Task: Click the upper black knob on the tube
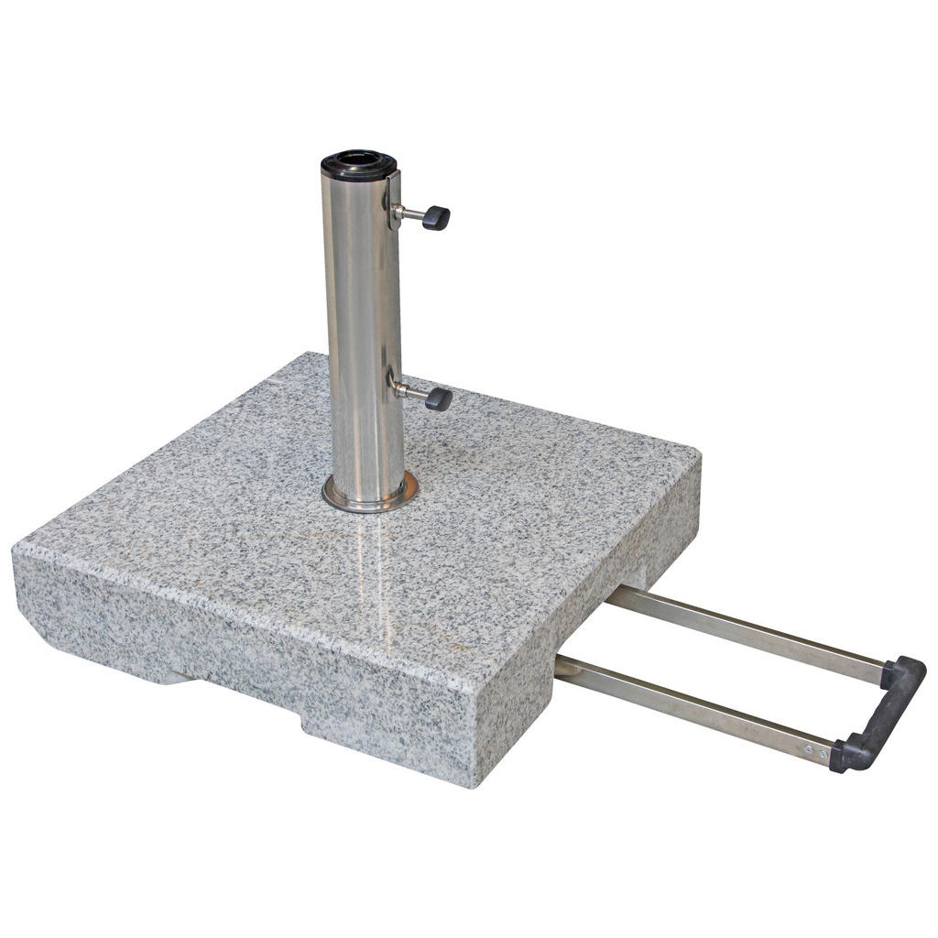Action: pos(436,218)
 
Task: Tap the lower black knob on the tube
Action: pos(439,398)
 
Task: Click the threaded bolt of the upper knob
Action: pos(409,215)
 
